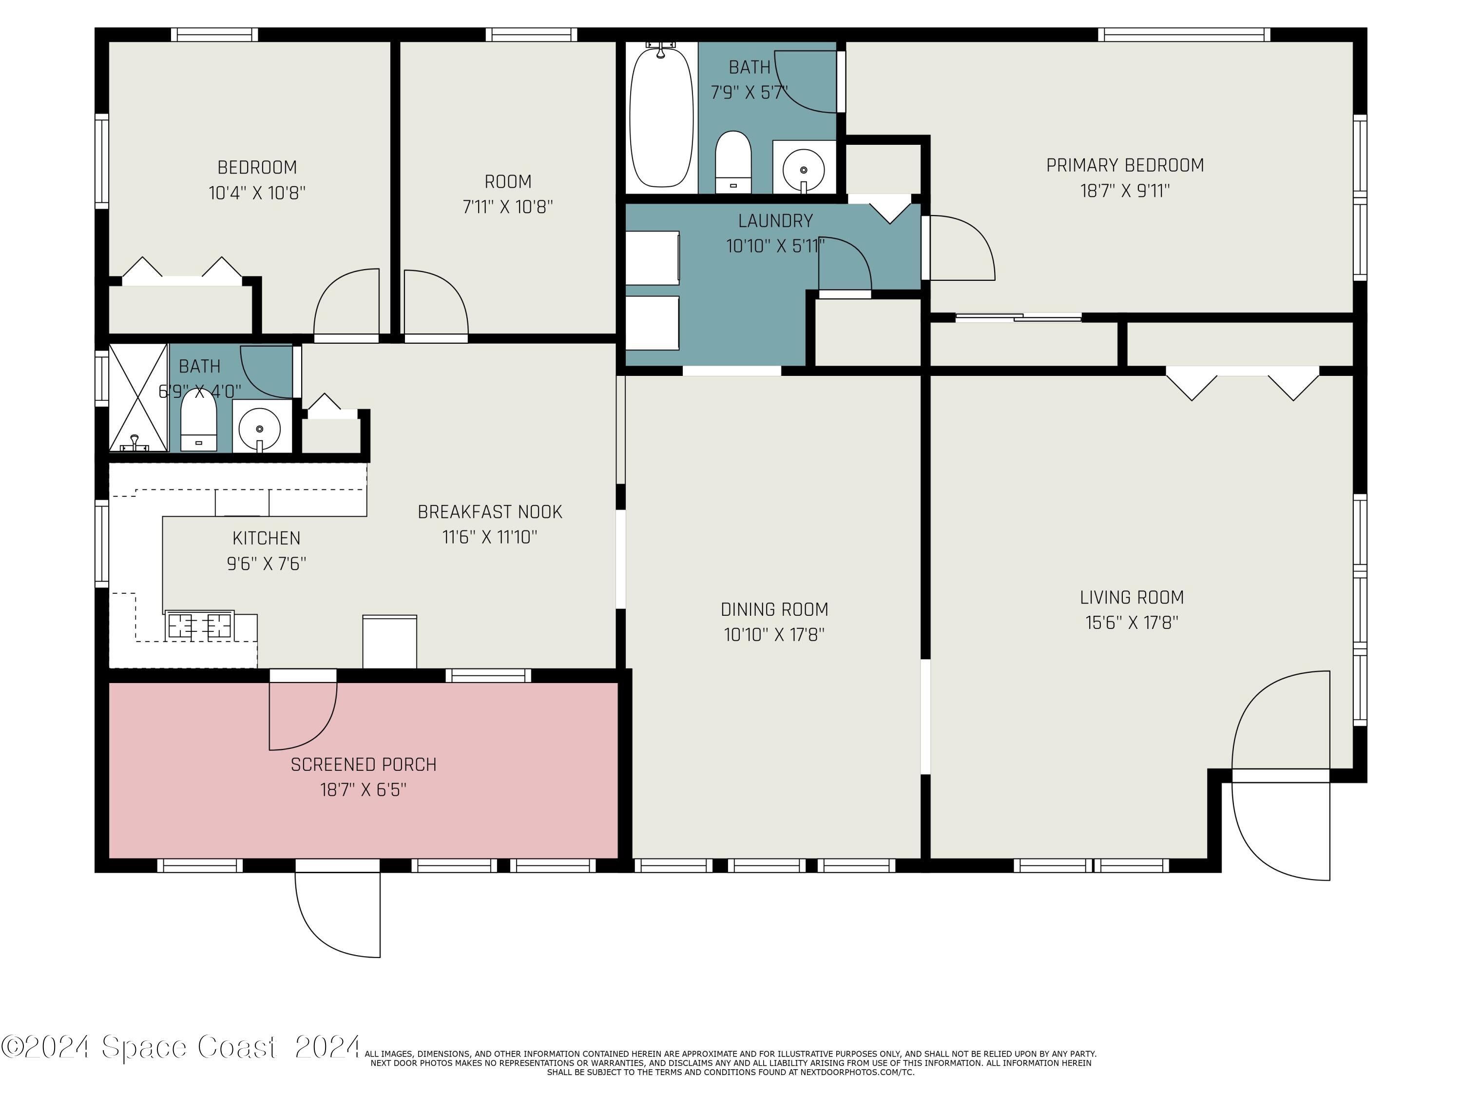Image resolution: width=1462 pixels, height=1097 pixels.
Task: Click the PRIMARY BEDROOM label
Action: (1125, 165)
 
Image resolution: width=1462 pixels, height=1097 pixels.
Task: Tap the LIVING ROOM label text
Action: (1132, 598)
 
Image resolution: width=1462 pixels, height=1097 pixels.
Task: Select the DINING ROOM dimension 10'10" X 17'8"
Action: (774, 635)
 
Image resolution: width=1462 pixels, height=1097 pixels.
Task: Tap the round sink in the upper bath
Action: (804, 169)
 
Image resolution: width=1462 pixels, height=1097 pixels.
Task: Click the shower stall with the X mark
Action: (138, 397)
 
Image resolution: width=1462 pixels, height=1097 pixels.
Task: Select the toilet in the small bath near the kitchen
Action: (199, 420)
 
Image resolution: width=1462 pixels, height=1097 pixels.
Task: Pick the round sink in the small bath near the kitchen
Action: (259, 429)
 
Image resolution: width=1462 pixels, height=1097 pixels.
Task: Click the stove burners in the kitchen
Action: (200, 625)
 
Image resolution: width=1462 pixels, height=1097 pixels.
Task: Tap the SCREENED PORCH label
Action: (364, 765)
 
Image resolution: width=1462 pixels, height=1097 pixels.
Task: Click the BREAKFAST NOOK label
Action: (490, 512)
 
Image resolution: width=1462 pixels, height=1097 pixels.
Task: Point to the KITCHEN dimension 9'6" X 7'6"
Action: (267, 564)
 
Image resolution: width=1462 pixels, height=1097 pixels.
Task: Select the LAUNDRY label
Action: (775, 221)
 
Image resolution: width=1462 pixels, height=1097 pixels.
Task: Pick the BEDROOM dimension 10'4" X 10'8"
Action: (257, 193)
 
